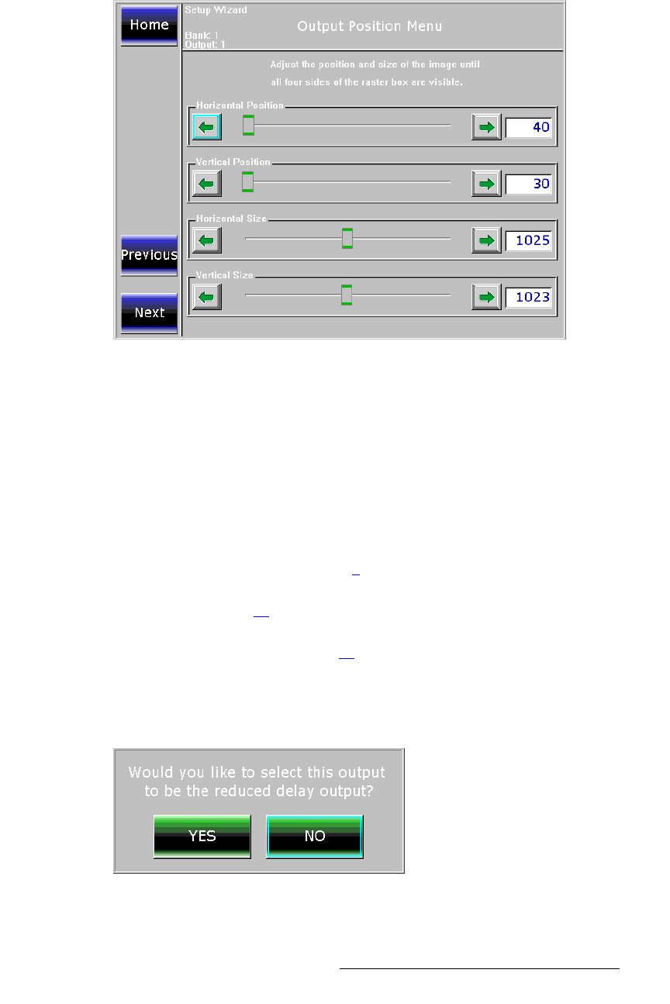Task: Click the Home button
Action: click(x=149, y=25)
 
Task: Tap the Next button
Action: click(x=149, y=312)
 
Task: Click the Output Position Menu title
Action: click(x=370, y=26)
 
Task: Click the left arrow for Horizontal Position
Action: click(x=206, y=127)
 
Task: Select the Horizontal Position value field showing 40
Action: click(x=529, y=127)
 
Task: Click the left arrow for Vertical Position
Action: click(x=206, y=184)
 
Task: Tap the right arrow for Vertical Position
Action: click(x=486, y=184)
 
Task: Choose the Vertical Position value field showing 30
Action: click(x=529, y=184)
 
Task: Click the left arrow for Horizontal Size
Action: click(x=206, y=240)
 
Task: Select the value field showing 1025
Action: click(x=529, y=240)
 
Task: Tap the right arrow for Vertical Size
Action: click(x=486, y=297)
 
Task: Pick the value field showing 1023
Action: click(x=529, y=297)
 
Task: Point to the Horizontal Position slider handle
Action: click(x=248, y=125)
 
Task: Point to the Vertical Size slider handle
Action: click(x=347, y=295)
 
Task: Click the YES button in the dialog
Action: click(x=202, y=837)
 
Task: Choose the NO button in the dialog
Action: click(x=315, y=837)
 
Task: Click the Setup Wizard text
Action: click(x=216, y=10)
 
